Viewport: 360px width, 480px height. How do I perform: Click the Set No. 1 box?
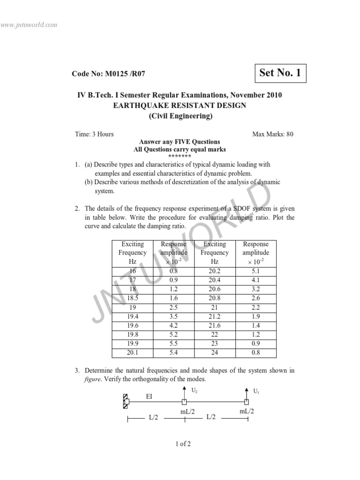279,73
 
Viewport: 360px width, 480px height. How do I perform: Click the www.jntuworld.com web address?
29,24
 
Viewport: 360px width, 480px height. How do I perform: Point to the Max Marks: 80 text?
273,134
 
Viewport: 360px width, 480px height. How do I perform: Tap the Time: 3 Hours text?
94,134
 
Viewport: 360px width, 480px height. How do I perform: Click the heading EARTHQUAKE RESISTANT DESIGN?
180,105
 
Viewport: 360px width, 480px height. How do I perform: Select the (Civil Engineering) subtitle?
180,116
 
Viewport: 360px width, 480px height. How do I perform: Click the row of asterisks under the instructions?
180,157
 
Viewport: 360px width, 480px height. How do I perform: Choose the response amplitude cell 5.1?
256,271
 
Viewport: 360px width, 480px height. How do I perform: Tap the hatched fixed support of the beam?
126,401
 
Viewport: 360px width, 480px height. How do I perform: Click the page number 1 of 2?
180,444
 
